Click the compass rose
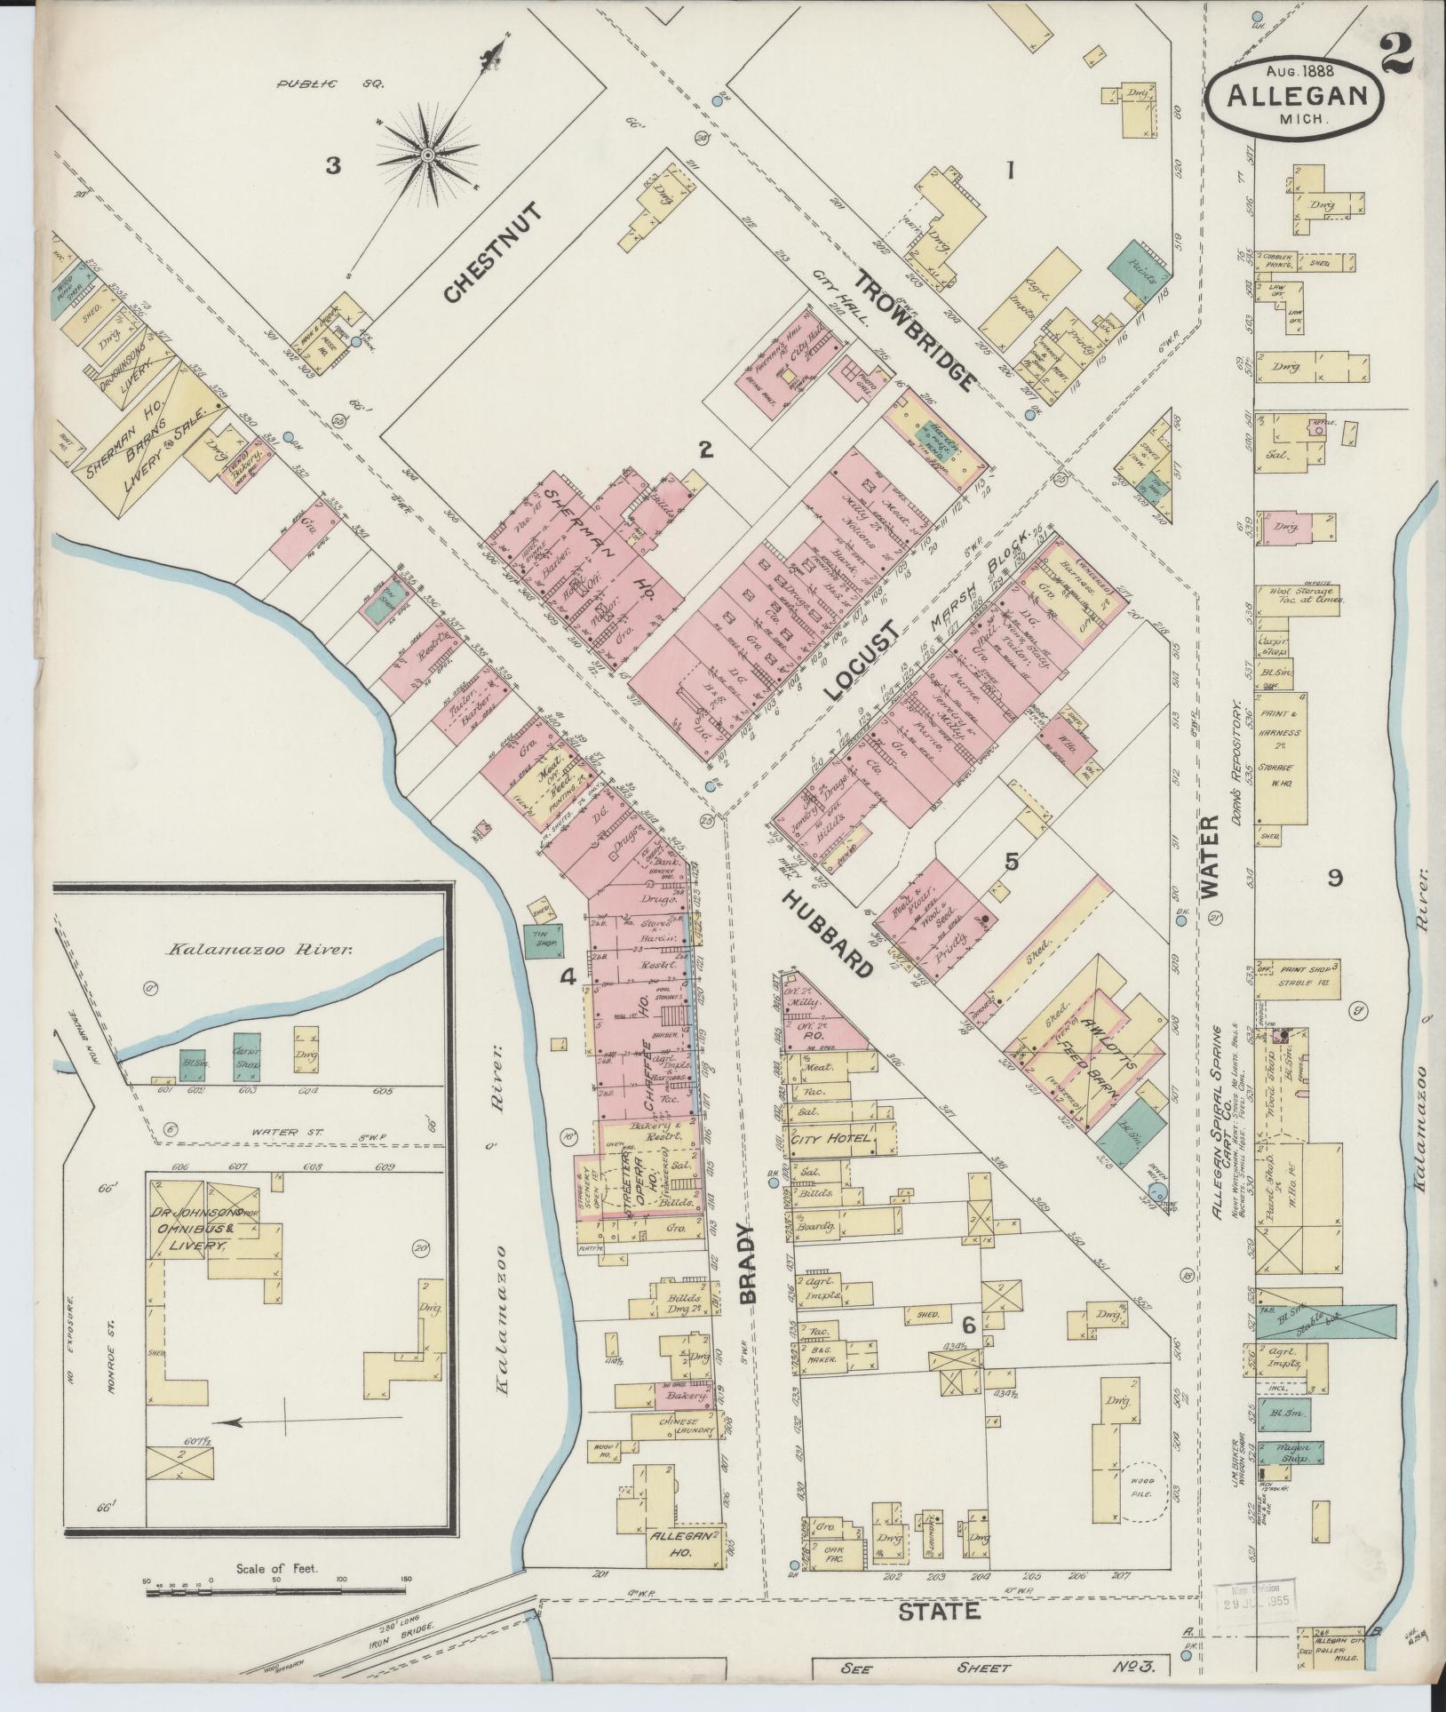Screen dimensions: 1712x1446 tap(427, 155)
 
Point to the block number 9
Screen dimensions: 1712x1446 tap(1333, 878)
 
